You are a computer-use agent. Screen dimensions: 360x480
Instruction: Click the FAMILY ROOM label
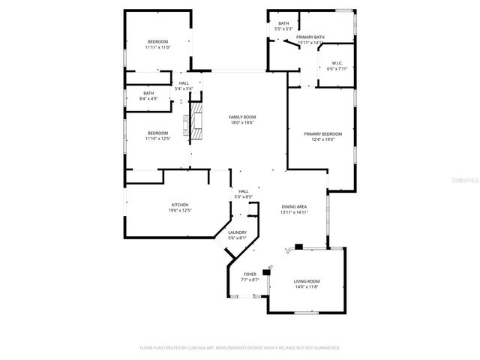[242, 117]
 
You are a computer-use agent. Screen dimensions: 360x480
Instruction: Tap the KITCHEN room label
[179, 205]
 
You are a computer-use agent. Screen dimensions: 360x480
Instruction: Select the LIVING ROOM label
[306, 281]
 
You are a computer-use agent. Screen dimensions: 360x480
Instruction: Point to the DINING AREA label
[294, 206]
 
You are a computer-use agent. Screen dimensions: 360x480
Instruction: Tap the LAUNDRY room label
[237, 232]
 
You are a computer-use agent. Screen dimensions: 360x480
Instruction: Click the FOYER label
[250, 274]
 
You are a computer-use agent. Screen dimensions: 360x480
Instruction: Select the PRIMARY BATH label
[310, 37]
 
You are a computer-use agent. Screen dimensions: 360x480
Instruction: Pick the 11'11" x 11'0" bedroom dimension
[157, 46]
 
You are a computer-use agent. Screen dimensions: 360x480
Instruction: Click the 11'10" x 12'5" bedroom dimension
[157, 139]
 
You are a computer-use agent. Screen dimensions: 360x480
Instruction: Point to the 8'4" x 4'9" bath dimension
[148, 98]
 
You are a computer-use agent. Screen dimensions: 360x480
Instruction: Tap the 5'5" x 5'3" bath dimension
[283, 29]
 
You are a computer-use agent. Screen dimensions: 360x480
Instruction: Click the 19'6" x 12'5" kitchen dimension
[179, 211]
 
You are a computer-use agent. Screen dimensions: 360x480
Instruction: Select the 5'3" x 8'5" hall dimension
[244, 197]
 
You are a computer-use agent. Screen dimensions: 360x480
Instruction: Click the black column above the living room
[298, 245]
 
